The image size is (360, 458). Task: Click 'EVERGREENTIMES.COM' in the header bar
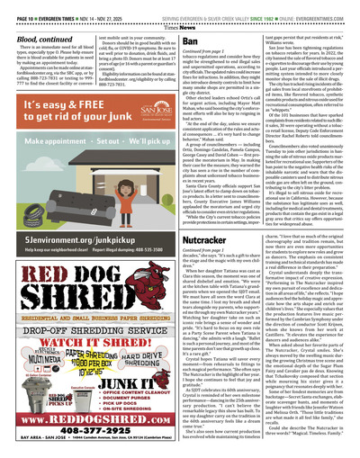point(324,7)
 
